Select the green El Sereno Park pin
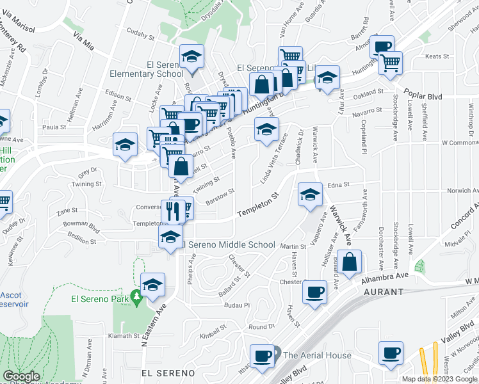coord(136,298)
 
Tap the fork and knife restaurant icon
coord(172,212)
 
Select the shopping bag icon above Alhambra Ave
coord(349,262)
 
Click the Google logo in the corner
coord(21,376)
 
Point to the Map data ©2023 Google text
coord(439,379)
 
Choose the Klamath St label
coord(123,335)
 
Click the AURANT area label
coord(384,292)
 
